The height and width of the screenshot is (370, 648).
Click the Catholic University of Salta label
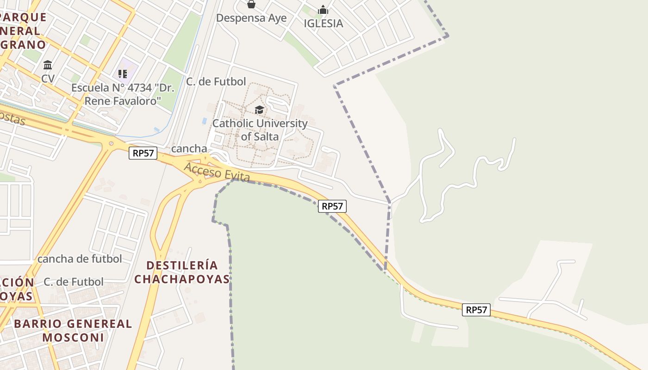pyautogui.click(x=260, y=130)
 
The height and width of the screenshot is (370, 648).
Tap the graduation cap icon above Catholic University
pyautogui.click(x=259, y=110)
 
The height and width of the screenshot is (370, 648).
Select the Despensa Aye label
pyautogui.click(x=251, y=18)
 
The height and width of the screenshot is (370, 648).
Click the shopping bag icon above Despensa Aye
pyautogui.click(x=251, y=5)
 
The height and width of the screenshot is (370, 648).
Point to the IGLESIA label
pyautogui.click(x=323, y=24)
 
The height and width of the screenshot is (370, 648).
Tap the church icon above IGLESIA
pyautogui.click(x=323, y=10)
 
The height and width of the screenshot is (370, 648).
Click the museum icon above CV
pyautogui.click(x=48, y=65)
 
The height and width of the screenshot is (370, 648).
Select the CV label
pyautogui.click(x=48, y=79)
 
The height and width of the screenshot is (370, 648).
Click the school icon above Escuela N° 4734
pyautogui.click(x=123, y=74)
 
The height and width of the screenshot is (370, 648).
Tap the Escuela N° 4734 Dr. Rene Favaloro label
pyautogui.click(x=123, y=94)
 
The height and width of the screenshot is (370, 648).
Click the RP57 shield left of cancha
pyautogui.click(x=143, y=153)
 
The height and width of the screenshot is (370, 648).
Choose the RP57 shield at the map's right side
pyautogui.click(x=476, y=310)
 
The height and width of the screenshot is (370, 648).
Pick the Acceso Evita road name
pyautogui.click(x=217, y=172)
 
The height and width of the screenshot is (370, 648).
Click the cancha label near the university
pyautogui.click(x=189, y=148)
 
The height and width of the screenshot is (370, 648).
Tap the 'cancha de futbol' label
pyautogui.click(x=80, y=259)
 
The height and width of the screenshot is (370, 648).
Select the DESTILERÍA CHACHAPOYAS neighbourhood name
pyautogui.click(x=182, y=272)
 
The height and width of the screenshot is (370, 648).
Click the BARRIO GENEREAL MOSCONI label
pyautogui.click(x=73, y=330)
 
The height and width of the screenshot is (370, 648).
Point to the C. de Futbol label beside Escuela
pyautogui.click(x=216, y=82)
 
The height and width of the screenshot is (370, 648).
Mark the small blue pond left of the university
pyautogui.click(x=205, y=121)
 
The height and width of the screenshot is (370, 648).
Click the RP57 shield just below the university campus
pyautogui.click(x=332, y=206)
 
